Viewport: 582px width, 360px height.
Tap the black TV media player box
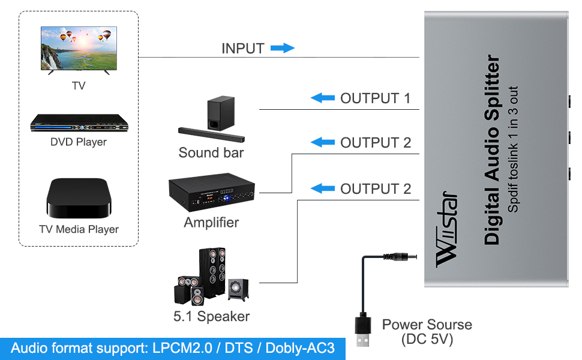(x=79, y=199)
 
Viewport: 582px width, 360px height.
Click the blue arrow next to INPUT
(x=282, y=48)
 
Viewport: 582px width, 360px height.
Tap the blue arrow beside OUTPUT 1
(x=322, y=98)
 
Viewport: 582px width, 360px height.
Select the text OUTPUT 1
(x=376, y=98)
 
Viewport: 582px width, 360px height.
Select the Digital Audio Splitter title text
(x=492, y=150)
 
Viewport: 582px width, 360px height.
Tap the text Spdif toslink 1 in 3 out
(x=514, y=150)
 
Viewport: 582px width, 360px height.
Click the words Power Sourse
(x=427, y=325)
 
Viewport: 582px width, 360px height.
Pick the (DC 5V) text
(x=427, y=339)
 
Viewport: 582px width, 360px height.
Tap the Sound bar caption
(x=211, y=152)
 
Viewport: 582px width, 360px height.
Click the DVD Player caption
(x=78, y=142)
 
